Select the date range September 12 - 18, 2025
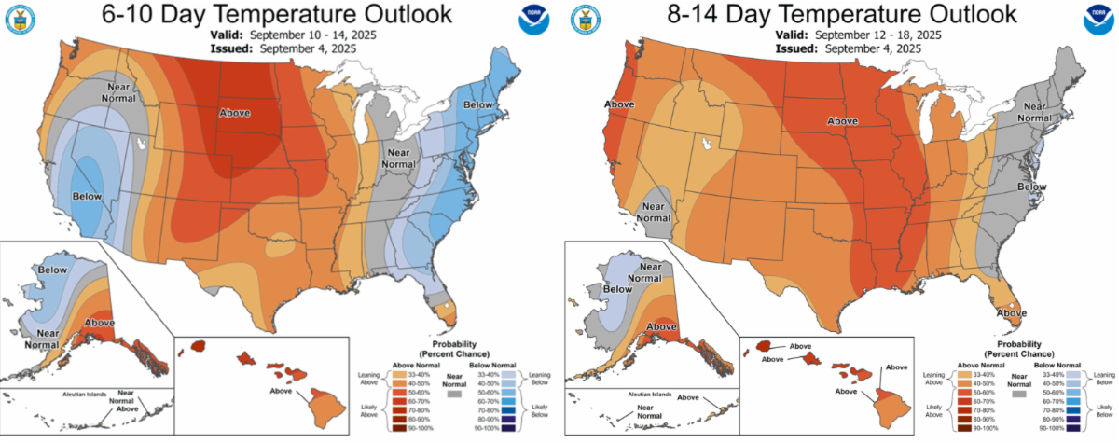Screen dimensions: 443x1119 pos(877,35)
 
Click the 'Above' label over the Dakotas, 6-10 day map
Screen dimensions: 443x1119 pos(235,113)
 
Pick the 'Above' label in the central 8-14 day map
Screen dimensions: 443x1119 pos(843,121)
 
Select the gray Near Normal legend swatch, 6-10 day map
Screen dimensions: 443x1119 pos(455,395)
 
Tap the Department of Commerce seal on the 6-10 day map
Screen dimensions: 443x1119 pos(21,21)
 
